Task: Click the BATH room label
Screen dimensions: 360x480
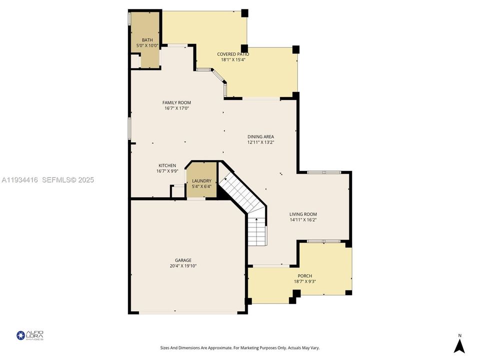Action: click(x=147, y=40)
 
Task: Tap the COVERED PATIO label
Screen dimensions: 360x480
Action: click(x=233, y=54)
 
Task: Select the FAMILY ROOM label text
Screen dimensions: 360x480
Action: click(x=176, y=102)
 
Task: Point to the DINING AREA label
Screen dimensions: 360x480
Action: click(x=260, y=136)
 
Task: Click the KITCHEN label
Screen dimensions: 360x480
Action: click(x=167, y=165)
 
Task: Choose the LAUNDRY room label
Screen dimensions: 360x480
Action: click(x=201, y=181)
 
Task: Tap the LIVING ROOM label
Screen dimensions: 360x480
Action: click(x=303, y=214)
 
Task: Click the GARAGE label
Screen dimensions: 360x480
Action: click(x=183, y=260)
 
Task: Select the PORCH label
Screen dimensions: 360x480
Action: click(x=304, y=276)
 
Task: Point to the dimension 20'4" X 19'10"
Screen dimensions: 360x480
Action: click(x=183, y=266)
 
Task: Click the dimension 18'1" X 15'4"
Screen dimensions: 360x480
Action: click(x=233, y=59)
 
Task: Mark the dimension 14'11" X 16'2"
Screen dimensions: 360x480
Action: click(x=303, y=219)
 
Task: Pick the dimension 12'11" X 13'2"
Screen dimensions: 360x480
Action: click(x=260, y=142)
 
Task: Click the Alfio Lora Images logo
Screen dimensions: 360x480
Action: click(x=30, y=335)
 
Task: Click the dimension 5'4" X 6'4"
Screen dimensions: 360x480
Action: click(x=201, y=186)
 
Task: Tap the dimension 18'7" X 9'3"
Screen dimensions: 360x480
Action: click(x=304, y=281)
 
